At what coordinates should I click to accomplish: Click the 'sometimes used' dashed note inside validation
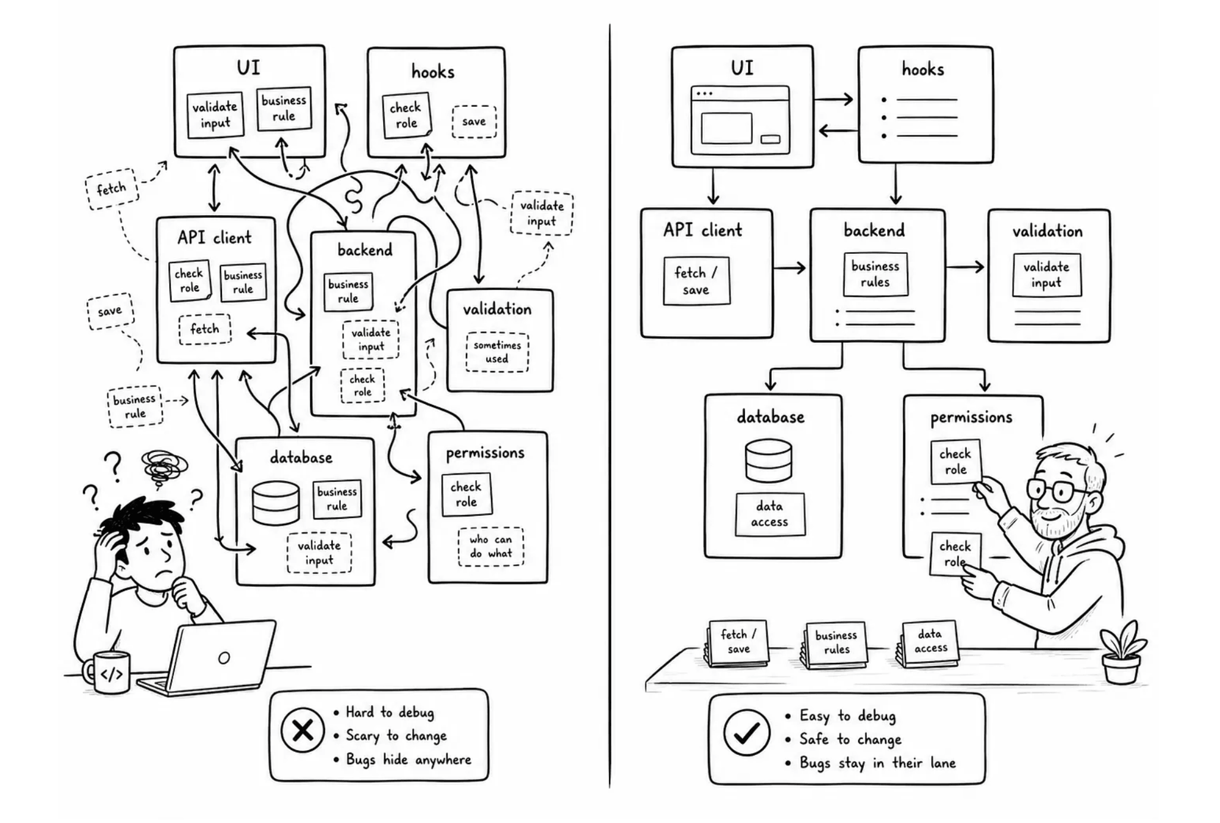click(x=497, y=352)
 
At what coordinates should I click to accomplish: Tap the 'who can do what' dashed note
click(x=490, y=546)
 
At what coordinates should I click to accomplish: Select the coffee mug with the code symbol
click(x=108, y=672)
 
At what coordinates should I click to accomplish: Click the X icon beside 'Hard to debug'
click(x=302, y=730)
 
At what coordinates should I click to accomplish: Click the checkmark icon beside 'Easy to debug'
click(x=746, y=732)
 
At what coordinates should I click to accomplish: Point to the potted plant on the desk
click(x=1122, y=653)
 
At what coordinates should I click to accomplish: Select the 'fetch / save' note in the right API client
click(x=696, y=281)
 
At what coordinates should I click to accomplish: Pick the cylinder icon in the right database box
click(x=768, y=461)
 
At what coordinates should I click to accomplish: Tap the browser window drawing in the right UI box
click(x=740, y=120)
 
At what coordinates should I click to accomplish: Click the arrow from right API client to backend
click(x=790, y=267)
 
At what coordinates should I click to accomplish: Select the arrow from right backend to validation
click(x=966, y=267)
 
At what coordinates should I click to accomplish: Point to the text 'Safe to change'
click(x=850, y=740)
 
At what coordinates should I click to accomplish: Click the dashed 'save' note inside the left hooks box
click(x=474, y=121)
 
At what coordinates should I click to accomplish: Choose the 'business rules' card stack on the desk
click(x=834, y=645)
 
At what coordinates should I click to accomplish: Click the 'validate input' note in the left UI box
click(x=215, y=115)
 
